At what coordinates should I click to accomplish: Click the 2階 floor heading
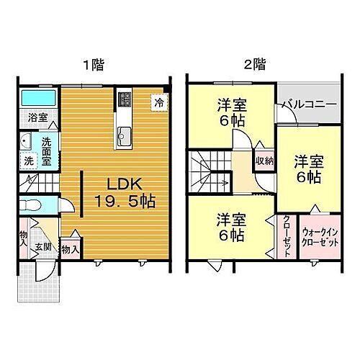point(253,66)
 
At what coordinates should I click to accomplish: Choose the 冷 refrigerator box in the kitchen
point(157,103)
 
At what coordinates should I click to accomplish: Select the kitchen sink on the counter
point(123,133)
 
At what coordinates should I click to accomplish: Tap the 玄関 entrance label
point(47,247)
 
